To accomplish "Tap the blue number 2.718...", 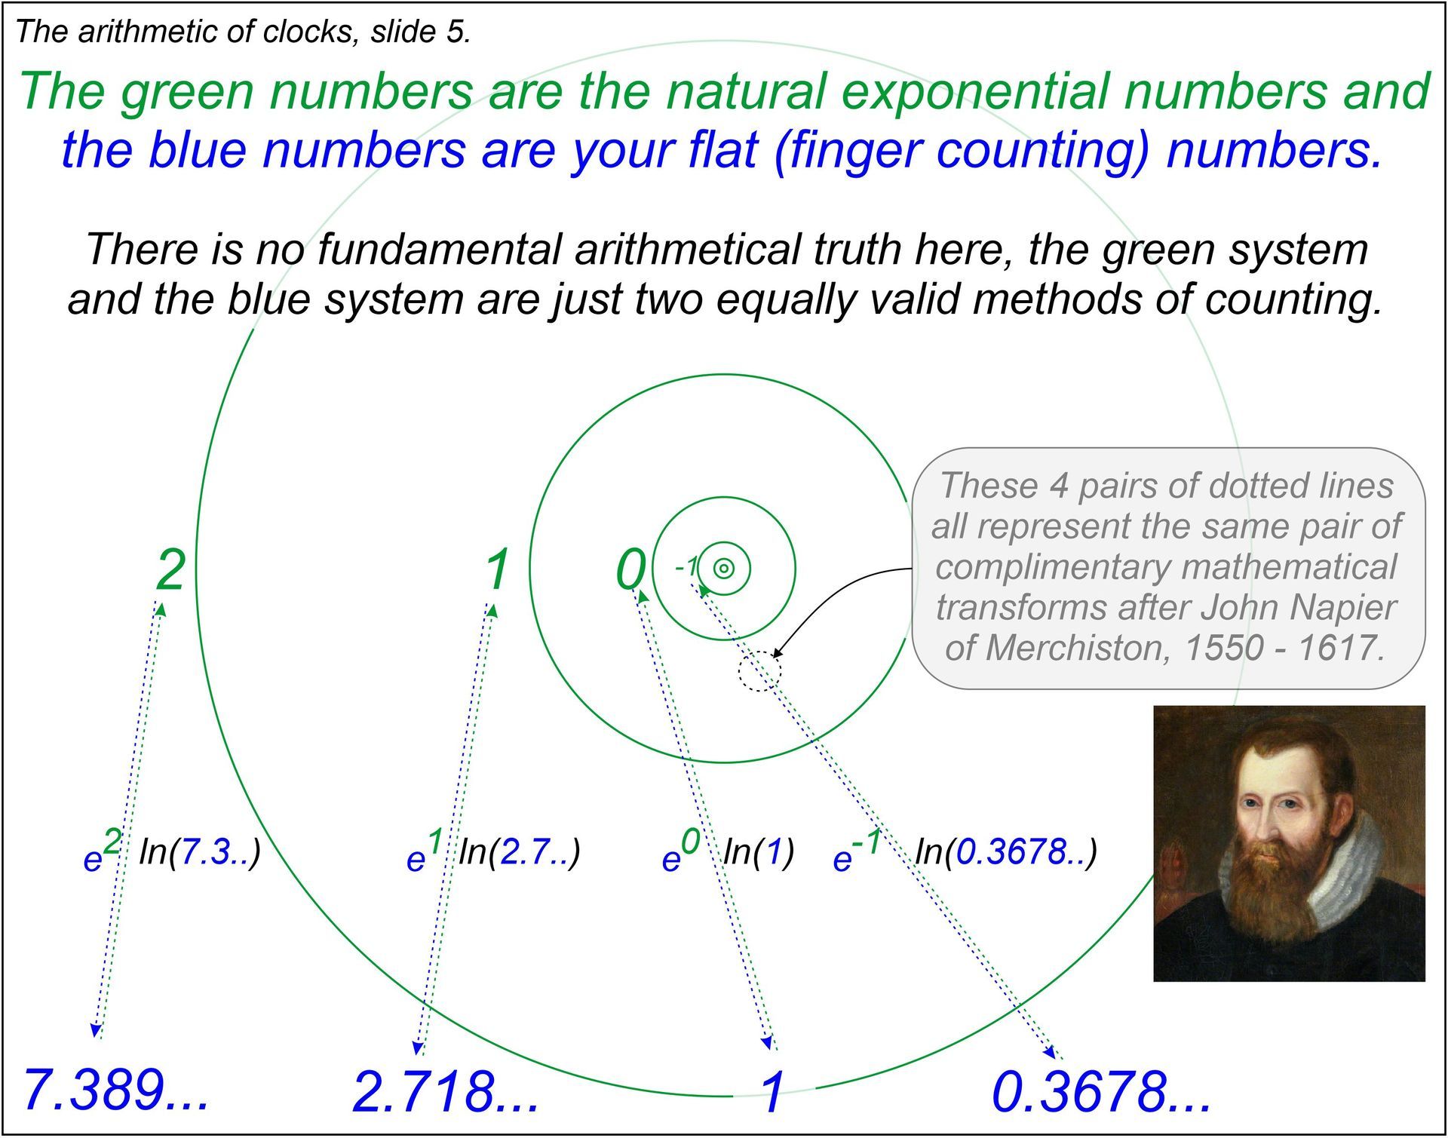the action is (446, 1092).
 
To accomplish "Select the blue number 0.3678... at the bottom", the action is (1101, 1092).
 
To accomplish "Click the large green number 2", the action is (170, 570).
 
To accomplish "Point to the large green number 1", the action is (497, 570).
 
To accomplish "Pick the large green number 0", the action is (632, 570).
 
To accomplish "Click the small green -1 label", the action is (686, 567).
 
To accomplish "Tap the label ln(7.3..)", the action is (200, 851).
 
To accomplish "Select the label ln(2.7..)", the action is (520, 851).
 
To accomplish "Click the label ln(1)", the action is (759, 851).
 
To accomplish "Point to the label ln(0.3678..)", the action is (1006, 851).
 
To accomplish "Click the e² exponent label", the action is (103, 851).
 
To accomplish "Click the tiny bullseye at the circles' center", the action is (724, 569).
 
